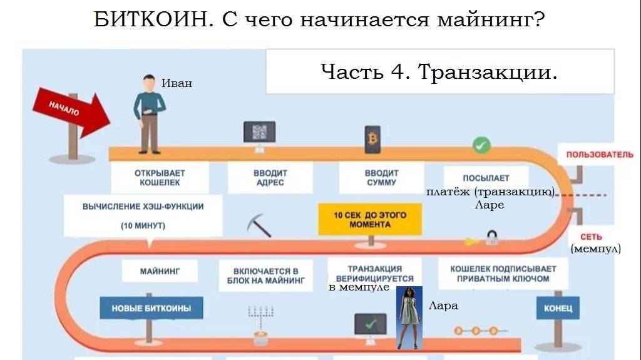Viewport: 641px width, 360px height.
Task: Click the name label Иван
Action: (177, 83)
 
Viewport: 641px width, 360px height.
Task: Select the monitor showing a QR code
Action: (259, 133)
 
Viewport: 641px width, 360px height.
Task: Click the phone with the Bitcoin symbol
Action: (373, 138)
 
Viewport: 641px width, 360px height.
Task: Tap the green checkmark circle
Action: (481, 145)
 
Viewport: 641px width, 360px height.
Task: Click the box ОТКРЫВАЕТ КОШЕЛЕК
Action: (160, 177)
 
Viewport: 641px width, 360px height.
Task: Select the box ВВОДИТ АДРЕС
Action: (270, 177)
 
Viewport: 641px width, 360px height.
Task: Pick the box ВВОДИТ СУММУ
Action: (381, 177)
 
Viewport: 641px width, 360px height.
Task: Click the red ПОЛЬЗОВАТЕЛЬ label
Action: (600, 155)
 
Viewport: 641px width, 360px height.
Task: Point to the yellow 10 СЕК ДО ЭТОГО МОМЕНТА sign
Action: (370, 219)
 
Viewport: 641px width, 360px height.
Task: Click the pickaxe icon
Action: (259, 225)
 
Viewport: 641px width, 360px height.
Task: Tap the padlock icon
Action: (493, 237)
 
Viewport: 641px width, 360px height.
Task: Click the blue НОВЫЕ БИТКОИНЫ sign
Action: (151, 308)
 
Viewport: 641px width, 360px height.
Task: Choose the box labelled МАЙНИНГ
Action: (159, 272)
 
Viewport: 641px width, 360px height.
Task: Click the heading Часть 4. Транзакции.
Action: (438, 72)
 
